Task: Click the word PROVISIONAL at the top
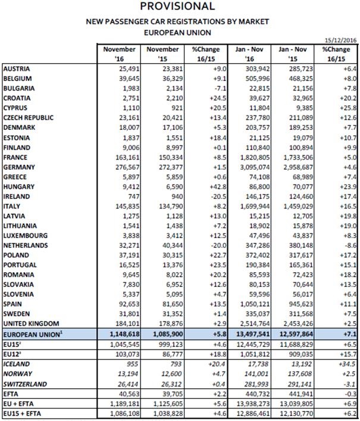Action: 178,7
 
